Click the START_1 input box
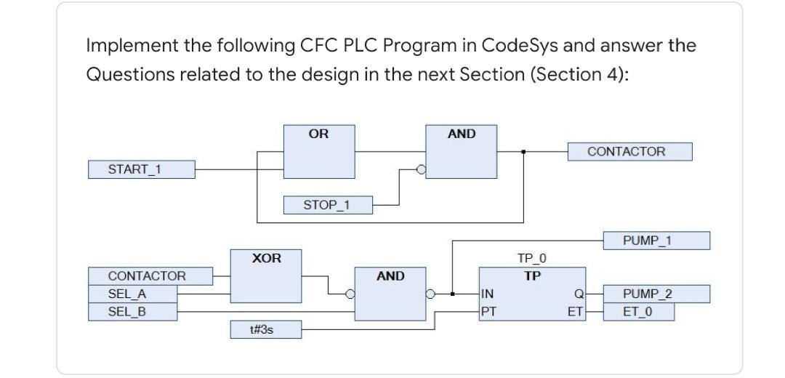pos(141,169)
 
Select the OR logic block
pos(318,152)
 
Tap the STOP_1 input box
pos(326,205)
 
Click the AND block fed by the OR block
pos(461,152)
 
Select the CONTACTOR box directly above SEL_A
pos(150,276)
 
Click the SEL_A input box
pos(132,294)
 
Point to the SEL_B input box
pos(132,312)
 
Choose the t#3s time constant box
pos(265,329)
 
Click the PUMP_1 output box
pos(656,241)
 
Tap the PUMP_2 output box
pos(656,294)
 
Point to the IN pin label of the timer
pos(488,294)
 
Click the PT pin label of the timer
pos(489,312)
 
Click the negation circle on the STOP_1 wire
pos(419,170)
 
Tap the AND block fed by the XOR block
pos(390,294)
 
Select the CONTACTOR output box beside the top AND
pos(629,152)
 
